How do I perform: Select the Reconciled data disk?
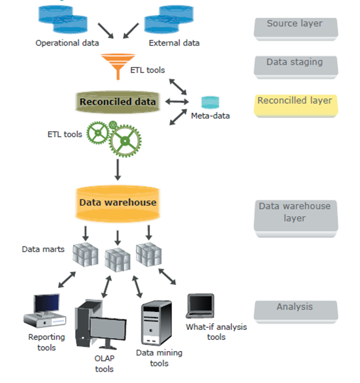click(x=117, y=101)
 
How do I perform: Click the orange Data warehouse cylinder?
click(x=118, y=203)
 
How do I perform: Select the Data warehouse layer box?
click(x=295, y=215)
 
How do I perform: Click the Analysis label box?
click(x=295, y=310)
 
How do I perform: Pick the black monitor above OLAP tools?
click(x=108, y=331)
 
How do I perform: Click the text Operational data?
click(x=67, y=43)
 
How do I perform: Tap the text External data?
click(x=174, y=43)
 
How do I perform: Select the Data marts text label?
click(x=43, y=250)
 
